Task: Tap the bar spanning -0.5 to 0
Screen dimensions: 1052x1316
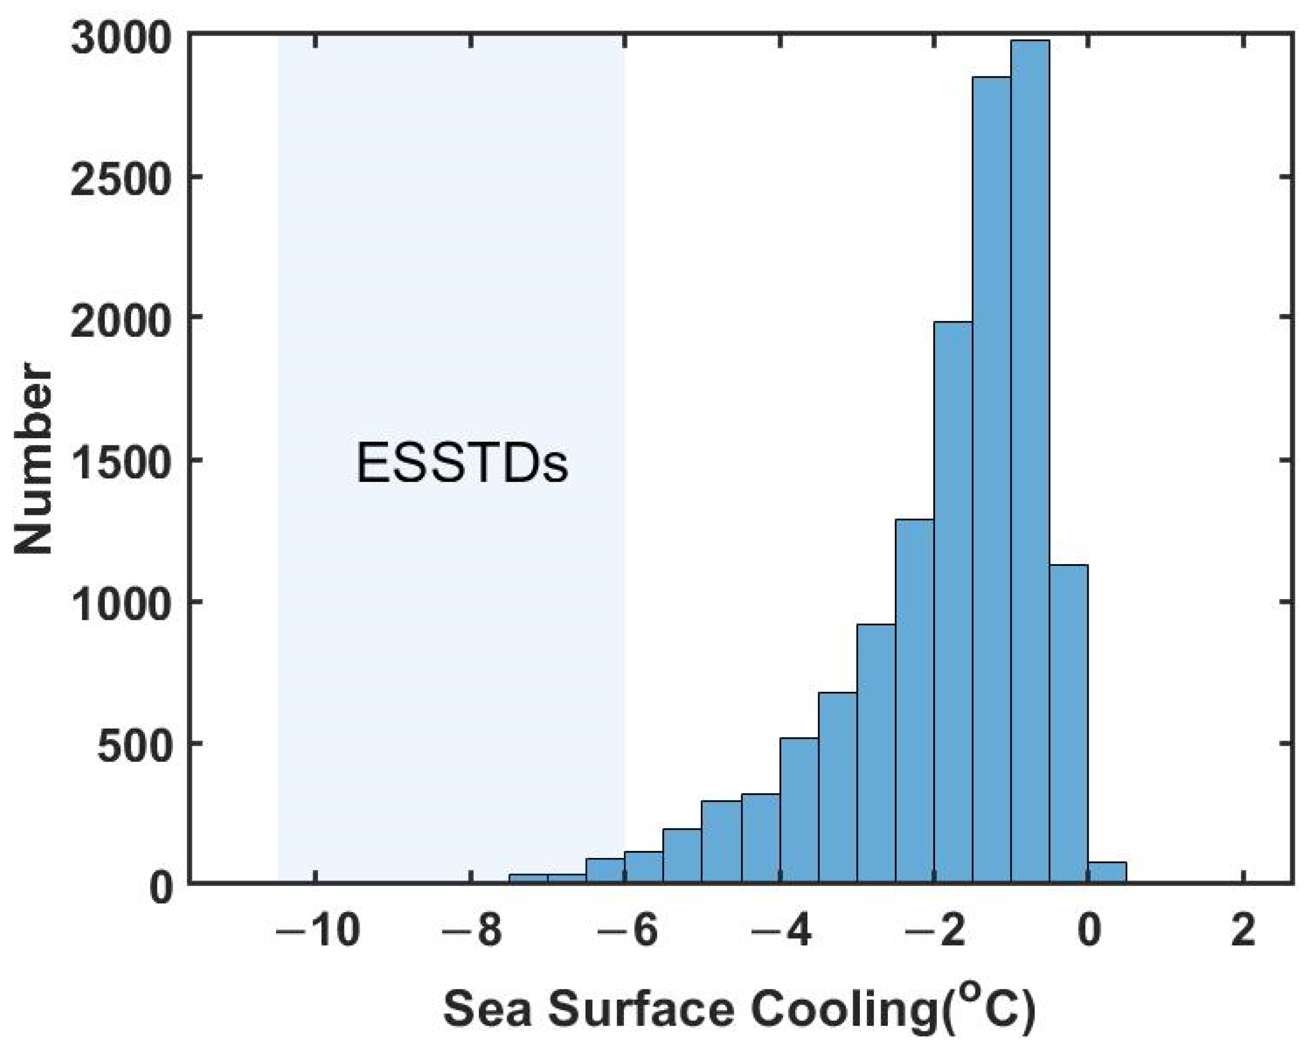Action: coord(1068,726)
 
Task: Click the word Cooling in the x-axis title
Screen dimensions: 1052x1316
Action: coord(844,1010)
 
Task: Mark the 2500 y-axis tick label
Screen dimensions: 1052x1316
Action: coord(120,179)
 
